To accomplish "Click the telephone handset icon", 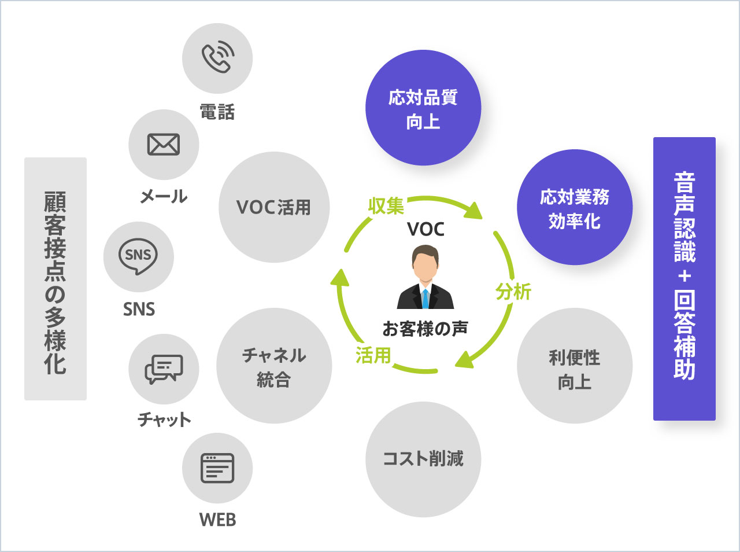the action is point(218,56).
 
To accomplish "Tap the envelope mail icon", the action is point(164,145).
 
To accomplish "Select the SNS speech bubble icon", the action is point(138,256).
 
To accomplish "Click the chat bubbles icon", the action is point(164,369).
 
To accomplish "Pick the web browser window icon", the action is point(217,468).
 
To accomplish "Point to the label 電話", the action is point(217,112).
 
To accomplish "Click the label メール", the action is point(164,196).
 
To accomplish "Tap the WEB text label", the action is point(217,520).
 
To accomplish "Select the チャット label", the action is point(164,419).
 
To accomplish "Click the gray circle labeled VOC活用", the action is point(274,207).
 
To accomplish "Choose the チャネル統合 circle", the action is point(274,366).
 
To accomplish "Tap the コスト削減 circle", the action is point(423,459).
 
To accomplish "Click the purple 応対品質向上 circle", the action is point(423,108).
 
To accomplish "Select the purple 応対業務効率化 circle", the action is point(575,207).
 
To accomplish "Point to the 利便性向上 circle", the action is point(575,366).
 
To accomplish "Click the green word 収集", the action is point(386,205).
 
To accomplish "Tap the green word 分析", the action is point(513,292).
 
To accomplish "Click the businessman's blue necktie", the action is point(425,299).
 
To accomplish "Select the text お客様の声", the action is point(425,329).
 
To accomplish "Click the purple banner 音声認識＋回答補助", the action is point(684,279).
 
